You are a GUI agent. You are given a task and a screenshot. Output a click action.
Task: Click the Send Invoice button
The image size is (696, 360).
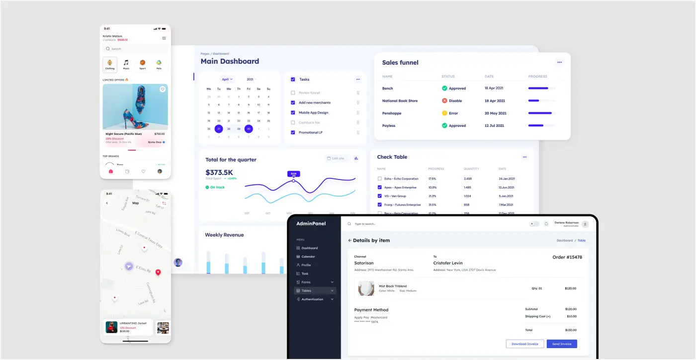[x=562, y=344]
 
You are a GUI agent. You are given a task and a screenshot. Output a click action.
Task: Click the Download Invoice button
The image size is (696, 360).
[x=524, y=344]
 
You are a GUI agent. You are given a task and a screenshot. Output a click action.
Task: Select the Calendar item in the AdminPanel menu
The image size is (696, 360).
[x=308, y=257]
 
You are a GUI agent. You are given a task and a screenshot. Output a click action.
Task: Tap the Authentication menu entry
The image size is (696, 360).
[x=312, y=299]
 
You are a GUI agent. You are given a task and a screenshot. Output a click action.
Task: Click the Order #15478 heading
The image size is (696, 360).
[x=567, y=257]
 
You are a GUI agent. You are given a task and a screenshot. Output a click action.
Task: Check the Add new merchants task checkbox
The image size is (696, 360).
[x=293, y=102]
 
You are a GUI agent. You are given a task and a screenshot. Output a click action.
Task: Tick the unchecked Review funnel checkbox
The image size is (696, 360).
[x=293, y=93]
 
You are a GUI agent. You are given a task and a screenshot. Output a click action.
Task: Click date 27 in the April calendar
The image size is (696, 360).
[x=219, y=129]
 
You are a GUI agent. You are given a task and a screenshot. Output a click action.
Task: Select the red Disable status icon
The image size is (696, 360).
[x=444, y=100]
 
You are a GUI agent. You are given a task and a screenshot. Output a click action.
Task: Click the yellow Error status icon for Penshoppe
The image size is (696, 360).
[x=444, y=113]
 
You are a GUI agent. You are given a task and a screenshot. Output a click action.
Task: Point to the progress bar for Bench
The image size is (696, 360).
[x=541, y=88]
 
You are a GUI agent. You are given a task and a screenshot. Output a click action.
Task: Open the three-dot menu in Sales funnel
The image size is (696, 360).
[x=559, y=63]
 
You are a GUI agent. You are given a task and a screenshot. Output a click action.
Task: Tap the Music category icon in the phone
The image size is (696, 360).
[x=126, y=63]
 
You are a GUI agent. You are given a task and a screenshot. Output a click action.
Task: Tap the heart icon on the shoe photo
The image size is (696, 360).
[x=162, y=90]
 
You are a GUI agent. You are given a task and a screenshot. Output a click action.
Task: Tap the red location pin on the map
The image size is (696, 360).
[x=158, y=272]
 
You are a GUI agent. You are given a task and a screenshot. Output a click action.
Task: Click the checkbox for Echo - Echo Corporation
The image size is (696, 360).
[x=379, y=179]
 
